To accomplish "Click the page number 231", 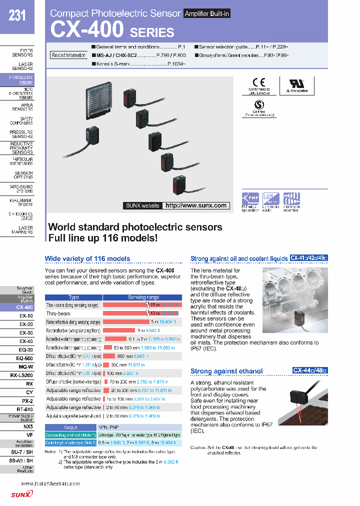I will point(17,15).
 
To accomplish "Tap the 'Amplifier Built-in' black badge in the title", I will point(206,13).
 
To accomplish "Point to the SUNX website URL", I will point(195,205).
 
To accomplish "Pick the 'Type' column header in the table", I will point(73,297).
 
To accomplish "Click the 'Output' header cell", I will point(70,427).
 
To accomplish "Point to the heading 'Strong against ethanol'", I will point(226,371).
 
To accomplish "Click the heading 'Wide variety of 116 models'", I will point(87,258).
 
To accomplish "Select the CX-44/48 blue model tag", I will point(310,370).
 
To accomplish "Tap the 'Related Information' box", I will point(69,55).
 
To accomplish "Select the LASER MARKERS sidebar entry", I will point(22,230).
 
